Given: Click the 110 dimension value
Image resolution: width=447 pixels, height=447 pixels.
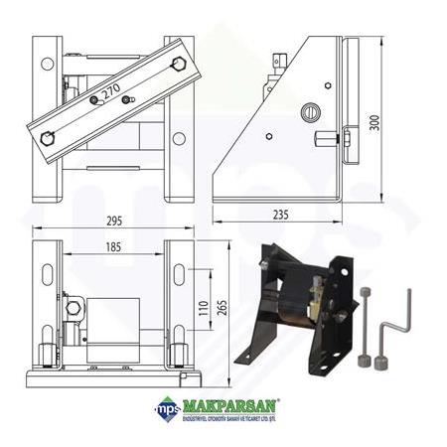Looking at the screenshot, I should [x=204, y=309].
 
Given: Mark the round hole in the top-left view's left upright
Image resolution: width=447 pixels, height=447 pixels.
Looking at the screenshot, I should [x=47, y=63].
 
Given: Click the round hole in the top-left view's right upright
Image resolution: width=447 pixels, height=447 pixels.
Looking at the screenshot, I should [x=179, y=138].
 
